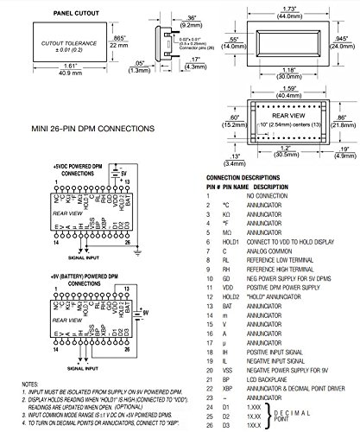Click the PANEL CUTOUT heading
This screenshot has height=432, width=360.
pos(61,15)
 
